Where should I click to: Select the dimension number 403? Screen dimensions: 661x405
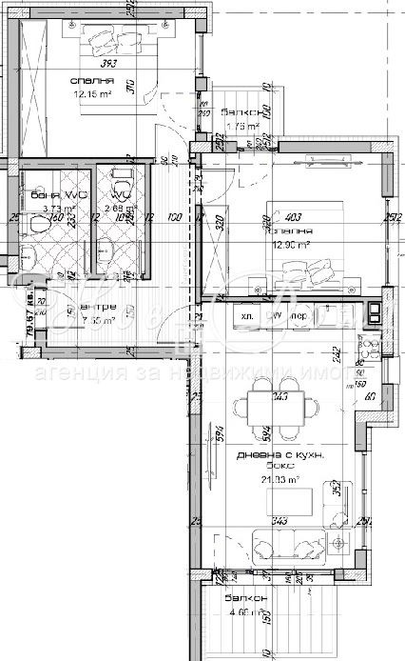point(292,217)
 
